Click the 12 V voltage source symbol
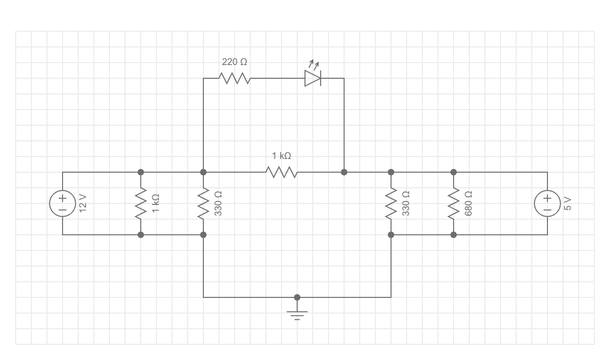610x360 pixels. pos(63,203)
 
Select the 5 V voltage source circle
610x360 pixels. pos(547,203)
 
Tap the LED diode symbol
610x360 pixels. pos(312,78)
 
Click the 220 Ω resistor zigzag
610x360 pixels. pos(235,78)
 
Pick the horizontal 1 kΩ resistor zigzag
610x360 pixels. pos(282,172)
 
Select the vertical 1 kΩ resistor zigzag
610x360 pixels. pos(141,203)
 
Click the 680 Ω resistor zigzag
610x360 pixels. pos(454,203)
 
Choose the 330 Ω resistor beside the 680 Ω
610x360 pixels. pos(391,203)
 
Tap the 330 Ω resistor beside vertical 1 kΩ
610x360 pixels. pos(203,203)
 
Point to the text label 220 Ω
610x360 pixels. pos(235,62)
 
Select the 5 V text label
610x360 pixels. pos(567,203)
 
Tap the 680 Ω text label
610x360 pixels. pos(469,202)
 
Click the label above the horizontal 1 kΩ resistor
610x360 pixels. pos(282,156)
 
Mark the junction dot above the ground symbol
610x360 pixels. pos(297,297)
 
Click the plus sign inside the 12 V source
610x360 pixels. pos(63,198)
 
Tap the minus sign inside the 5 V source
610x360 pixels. pos(547,209)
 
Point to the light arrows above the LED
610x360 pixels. pos(314,64)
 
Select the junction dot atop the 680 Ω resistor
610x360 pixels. pos(454,172)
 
